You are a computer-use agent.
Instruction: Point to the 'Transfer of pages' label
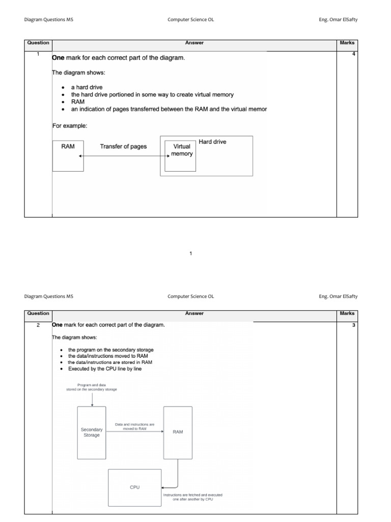pos(123,147)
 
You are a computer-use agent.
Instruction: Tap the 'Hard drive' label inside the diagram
pos(212,142)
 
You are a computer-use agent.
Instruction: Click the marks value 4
pos(353,54)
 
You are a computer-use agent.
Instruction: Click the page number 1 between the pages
pos(190,253)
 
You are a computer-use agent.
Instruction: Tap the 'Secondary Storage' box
pos(92,432)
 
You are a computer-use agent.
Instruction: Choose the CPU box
pos(134,487)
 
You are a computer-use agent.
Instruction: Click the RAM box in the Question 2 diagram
pos(178,432)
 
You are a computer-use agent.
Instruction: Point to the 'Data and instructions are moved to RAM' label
pos(134,426)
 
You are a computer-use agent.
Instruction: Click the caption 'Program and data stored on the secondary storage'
pos(91,387)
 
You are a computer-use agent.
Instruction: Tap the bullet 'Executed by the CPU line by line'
pos(105,369)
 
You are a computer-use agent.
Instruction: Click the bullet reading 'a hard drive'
pos(87,87)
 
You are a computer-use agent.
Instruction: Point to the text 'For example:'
pos(70,125)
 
